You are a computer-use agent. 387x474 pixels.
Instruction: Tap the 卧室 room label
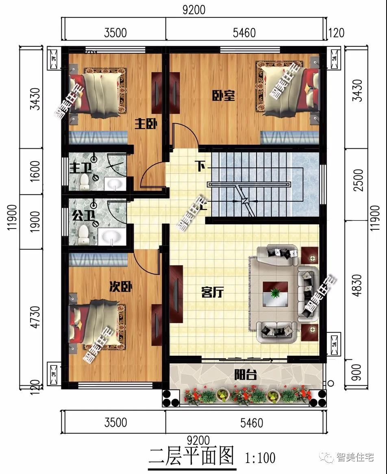pos(224,96)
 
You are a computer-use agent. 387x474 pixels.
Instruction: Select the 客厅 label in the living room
pos(213,292)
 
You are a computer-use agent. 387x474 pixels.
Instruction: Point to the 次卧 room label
pos(121,287)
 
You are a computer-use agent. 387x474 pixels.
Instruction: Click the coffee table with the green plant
pos(275,293)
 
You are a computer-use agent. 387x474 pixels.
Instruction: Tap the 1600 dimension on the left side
pos(35,172)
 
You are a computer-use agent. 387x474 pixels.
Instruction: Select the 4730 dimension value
pos(36,317)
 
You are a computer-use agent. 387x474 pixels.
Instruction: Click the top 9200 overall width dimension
pos(194,9)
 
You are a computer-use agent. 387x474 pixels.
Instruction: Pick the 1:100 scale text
pos(260,458)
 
